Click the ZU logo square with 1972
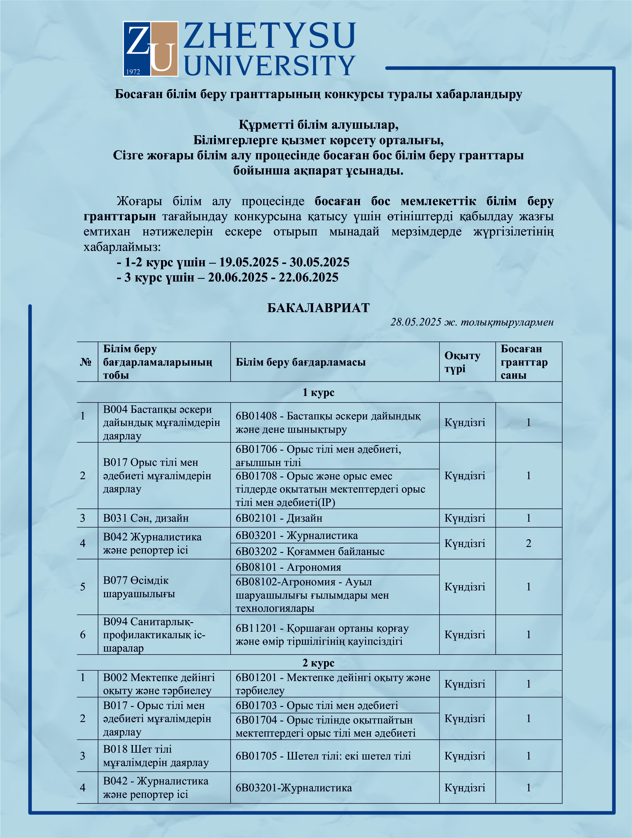(x=150, y=49)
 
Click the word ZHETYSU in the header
(x=269, y=36)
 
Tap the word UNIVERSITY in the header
(x=269, y=65)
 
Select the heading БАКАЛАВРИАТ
(x=318, y=308)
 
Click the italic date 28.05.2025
(x=416, y=322)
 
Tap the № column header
(x=86, y=362)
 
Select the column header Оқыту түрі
(x=462, y=362)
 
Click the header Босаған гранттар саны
(x=524, y=362)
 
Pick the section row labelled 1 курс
(x=318, y=392)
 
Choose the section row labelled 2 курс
(x=318, y=663)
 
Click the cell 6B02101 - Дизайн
(x=279, y=518)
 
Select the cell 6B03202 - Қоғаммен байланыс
(x=310, y=551)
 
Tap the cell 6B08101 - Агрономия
(x=288, y=567)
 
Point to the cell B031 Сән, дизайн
(x=146, y=518)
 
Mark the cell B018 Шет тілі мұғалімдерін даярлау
(x=156, y=756)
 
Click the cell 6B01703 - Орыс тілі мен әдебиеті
(x=316, y=705)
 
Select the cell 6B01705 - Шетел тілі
(x=323, y=756)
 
